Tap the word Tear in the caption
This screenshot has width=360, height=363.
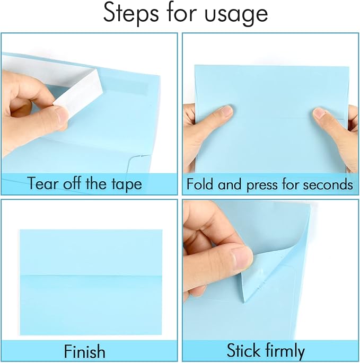pyautogui.click(x=43, y=184)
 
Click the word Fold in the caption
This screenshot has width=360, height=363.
pyautogui.click(x=200, y=184)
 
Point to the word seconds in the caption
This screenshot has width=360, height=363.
pyautogui.click(x=327, y=184)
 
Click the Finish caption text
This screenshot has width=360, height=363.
pyautogui.click(x=85, y=351)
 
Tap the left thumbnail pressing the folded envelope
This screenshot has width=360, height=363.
pyautogui.click(x=225, y=111)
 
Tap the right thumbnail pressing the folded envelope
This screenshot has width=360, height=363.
pyautogui.click(x=319, y=112)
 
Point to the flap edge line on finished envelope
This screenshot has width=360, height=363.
pyautogui.click(x=91, y=276)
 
